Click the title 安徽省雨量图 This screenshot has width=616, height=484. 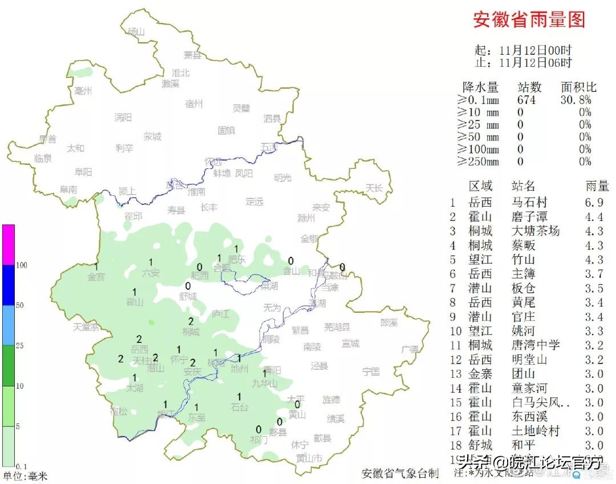click(x=529, y=20)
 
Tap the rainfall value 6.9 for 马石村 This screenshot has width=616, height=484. click(x=597, y=202)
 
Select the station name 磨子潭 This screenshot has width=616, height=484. click(x=530, y=216)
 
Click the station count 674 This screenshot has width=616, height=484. click(x=526, y=100)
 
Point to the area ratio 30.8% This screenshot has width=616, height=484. click(x=576, y=100)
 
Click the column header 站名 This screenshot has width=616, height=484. click(x=524, y=186)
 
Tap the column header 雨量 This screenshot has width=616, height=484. click(x=597, y=186)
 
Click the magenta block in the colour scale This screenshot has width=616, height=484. click(x=8, y=244)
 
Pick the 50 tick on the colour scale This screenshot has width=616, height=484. click(x=19, y=305)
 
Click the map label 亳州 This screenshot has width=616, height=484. click(x=83, y=91)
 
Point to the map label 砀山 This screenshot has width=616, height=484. click(x=137, y=31)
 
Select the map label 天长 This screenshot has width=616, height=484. click(x=375, y=187)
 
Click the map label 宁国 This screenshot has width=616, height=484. click(x=371, y=372)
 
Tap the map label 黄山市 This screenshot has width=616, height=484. click(x=309, y=458)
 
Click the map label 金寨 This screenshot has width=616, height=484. click(x=96, y=277)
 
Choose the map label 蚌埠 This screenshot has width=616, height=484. click(x=222, y=174)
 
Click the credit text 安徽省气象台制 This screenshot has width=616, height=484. click(x=400, y=473)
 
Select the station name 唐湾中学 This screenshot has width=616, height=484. click(x=536, y=345)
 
